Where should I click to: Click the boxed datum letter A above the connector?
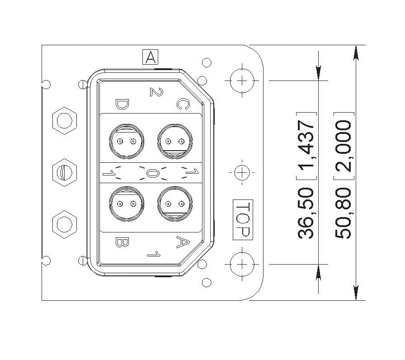(x=150, y=57)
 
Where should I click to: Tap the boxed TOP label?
(x=243, y=220)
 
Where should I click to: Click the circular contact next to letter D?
(x=127, y=141)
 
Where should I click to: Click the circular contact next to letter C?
(x=175, y=141)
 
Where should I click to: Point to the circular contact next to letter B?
(x=127, y=204)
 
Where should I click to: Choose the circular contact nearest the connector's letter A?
(x=175, y=204)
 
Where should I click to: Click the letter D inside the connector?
(x=122, y=104)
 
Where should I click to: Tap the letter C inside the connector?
(x=183, y=104)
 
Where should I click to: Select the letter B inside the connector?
(x=122, y=242)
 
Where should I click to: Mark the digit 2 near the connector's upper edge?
(x=156, y=92)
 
